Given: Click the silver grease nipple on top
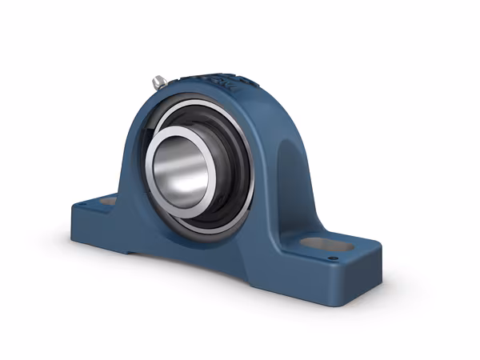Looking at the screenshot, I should [159, 81].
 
